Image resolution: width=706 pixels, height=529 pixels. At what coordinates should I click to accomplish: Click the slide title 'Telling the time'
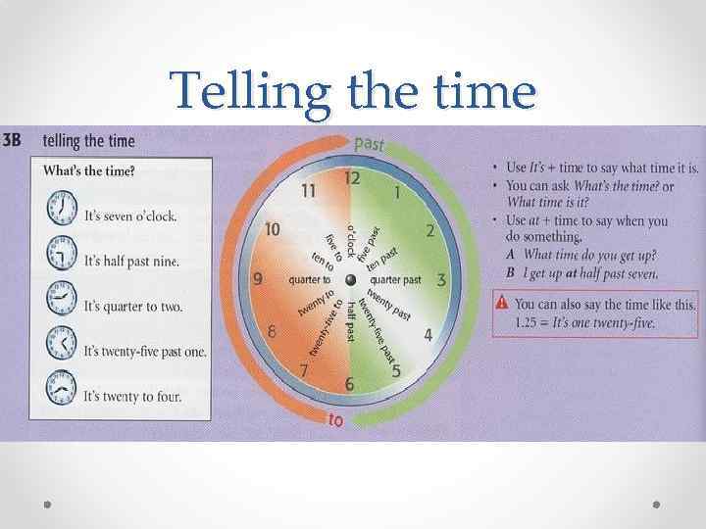pyautogui.click(x=353, y=92)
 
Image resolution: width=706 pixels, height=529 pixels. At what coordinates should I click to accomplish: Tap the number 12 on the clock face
pyautogui.click(x=351, y=178)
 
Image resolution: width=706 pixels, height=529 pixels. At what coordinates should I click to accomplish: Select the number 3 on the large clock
pyautogui.click(x=441, y=280)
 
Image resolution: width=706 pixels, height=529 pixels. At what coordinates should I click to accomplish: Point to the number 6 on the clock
pyautogui.click(x=350, y=385)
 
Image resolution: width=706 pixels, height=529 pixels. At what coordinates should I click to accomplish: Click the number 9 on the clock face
pyautogui.click(x=258, y=279)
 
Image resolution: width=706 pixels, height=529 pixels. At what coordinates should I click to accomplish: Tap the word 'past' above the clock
pyautogui.click(x=370, y=144)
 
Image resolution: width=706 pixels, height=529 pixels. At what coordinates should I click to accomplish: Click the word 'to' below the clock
pyautogui.click(x=334, y=420)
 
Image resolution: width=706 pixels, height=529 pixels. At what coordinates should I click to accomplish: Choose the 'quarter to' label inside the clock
pyautogui.click(x=309, y=280)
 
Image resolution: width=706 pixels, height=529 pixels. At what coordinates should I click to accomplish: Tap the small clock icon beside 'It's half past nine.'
pyautogui.click(x=62, y=257)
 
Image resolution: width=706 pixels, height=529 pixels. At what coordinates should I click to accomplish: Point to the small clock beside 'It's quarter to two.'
pyautogui.click(x=62, y=301)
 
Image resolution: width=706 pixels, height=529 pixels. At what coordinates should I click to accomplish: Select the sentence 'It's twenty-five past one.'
pyautogui.click(x=144, y=351)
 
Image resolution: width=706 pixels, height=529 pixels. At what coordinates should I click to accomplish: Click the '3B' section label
pyautogui.click(x=14, y=140)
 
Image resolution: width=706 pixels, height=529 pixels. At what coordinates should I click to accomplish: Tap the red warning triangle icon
pyautogui.click(x=502, y=304)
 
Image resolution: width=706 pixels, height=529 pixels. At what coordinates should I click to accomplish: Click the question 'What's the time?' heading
pyautogui.click(x=89, y=170)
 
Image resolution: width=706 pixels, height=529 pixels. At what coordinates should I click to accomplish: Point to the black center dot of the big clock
pyautogui.click(x=350, y=280)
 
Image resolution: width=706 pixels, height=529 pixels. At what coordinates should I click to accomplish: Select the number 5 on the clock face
pyautogui.click(x=396, y=370)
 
